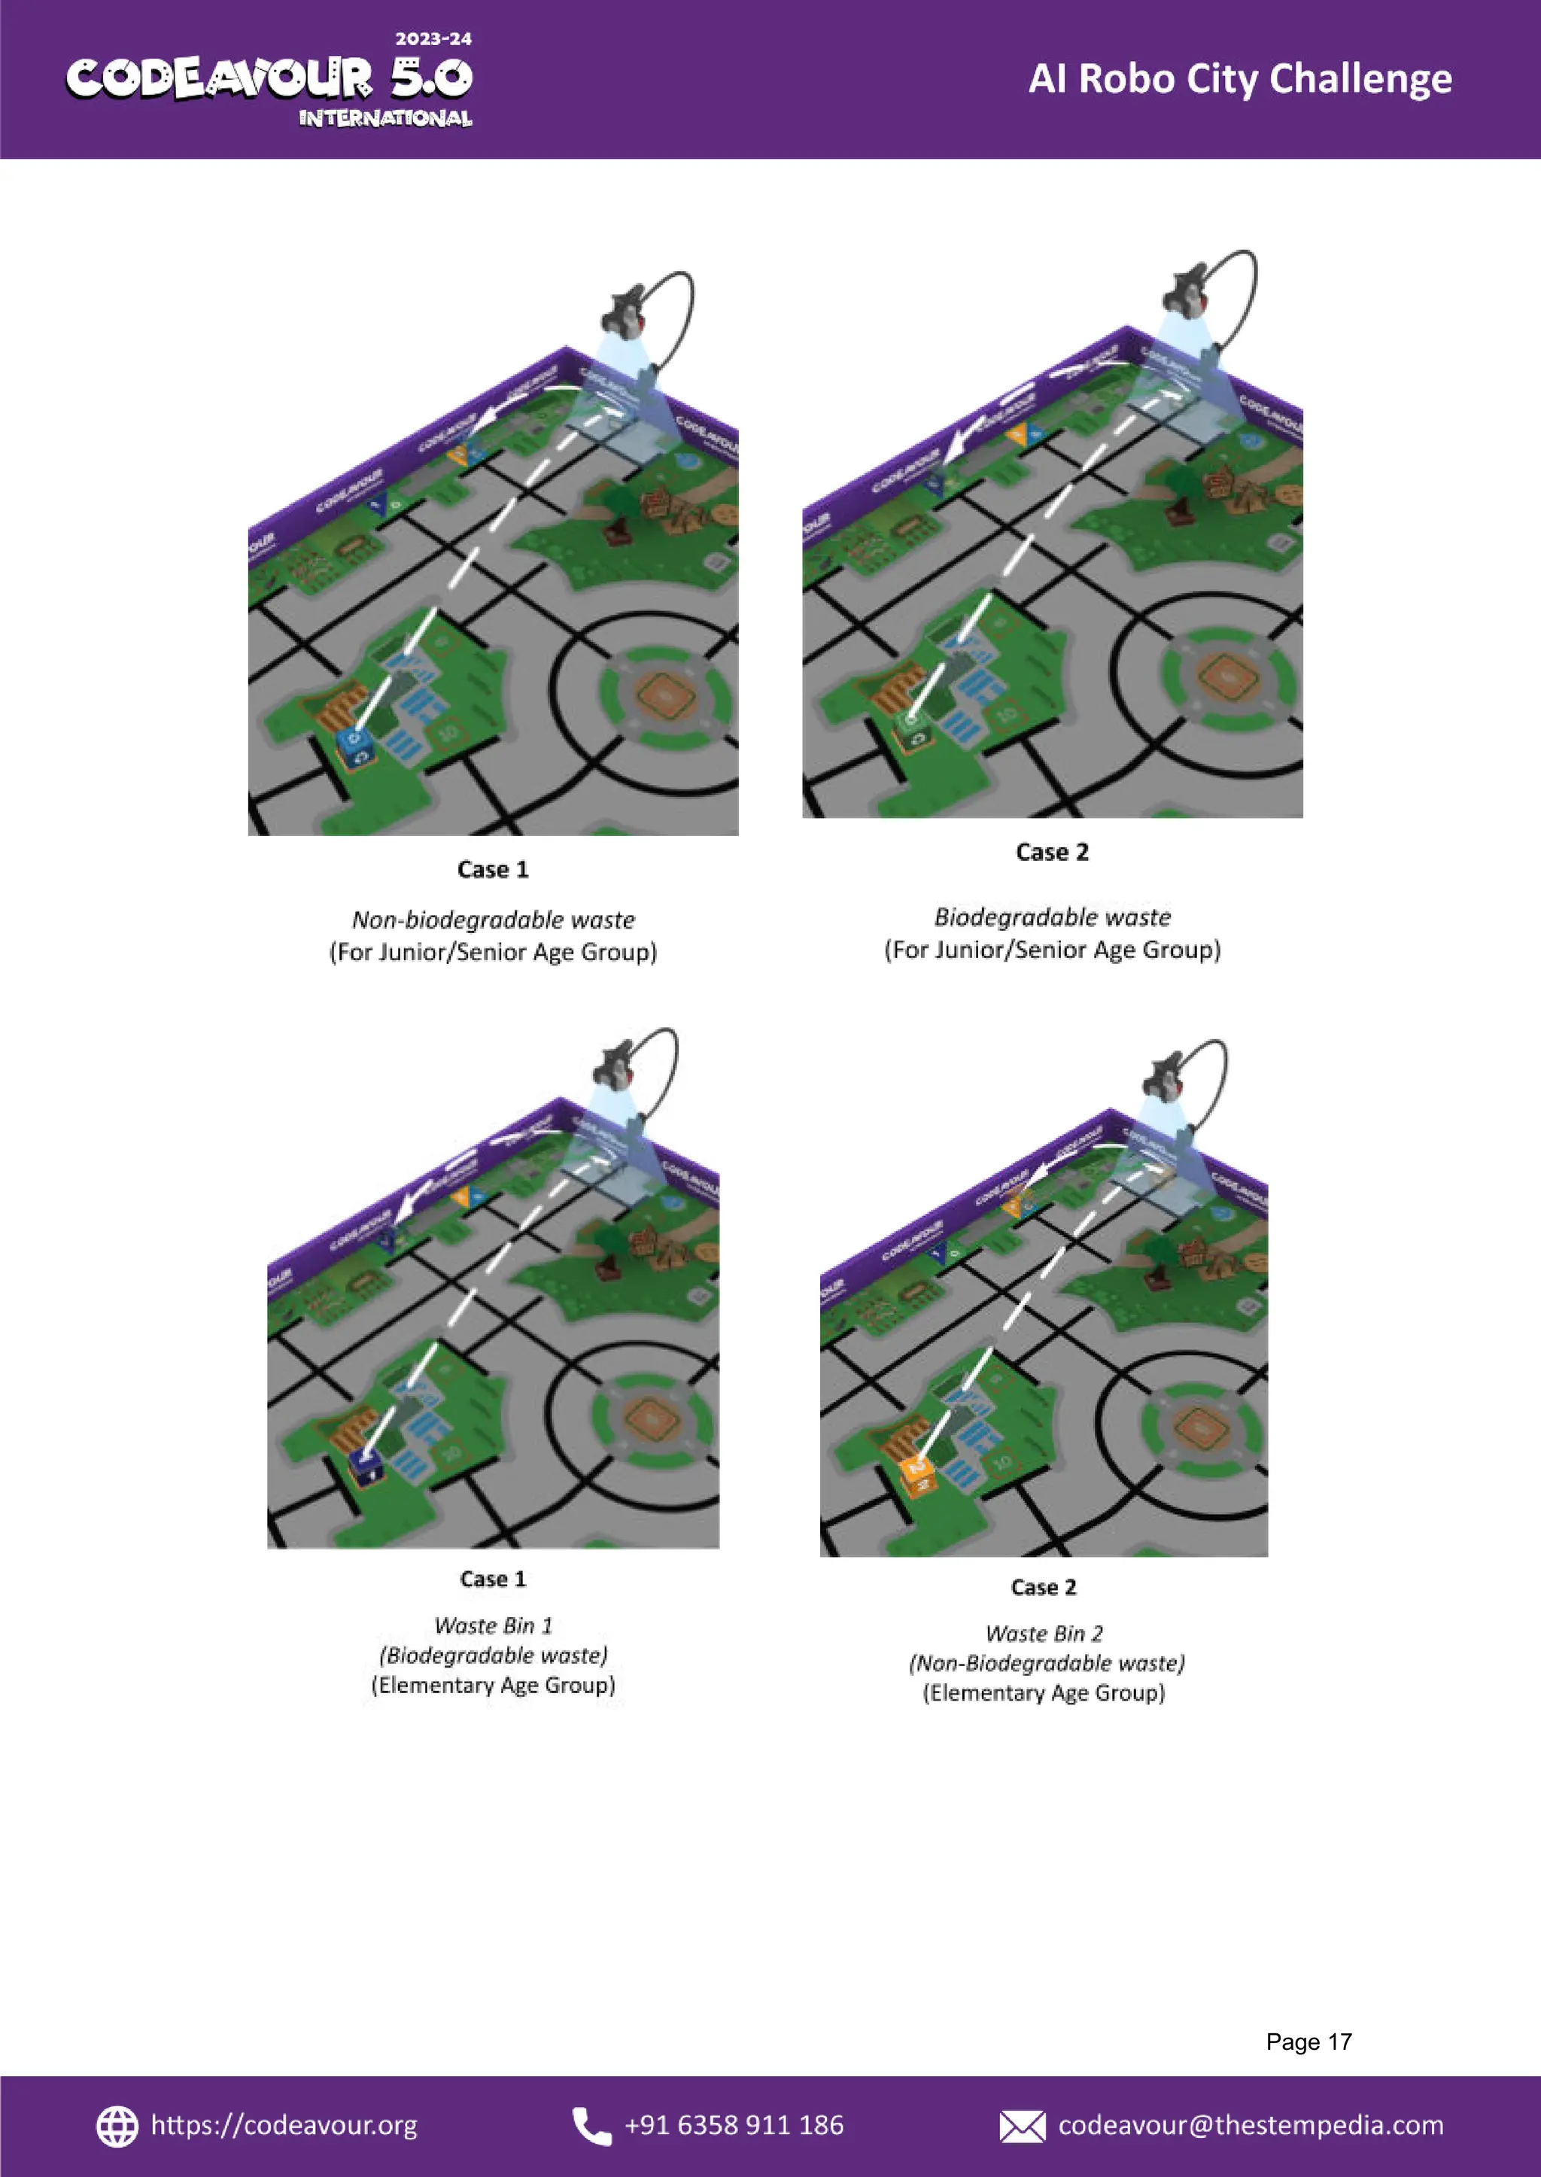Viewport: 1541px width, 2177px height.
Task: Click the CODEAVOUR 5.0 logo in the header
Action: coord(269,80)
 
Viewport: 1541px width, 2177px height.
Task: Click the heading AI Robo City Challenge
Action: coord(1239,79)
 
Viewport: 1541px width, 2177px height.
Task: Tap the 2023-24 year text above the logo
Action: coord(433,39)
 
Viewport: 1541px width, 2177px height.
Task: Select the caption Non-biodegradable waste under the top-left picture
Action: coord(493,920)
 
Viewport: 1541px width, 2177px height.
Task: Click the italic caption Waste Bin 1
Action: coord(493,1625)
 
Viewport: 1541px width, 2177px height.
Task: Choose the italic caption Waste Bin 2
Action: coord(1043,1633)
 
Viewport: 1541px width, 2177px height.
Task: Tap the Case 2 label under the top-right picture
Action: coord(1051,852)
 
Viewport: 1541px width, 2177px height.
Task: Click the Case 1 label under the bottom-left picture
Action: coord(493,1579)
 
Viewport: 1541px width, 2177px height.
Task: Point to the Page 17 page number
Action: coord(1308,2042)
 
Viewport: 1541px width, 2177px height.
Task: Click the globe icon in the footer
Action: coord(117,2126)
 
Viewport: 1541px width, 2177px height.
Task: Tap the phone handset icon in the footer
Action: coord(591,2126)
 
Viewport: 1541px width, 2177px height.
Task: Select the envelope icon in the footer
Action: coord(1021,2127)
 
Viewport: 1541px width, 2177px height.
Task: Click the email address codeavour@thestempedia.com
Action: coord(1250,2126)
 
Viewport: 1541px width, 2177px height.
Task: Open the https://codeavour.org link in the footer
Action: coord(284,2126)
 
